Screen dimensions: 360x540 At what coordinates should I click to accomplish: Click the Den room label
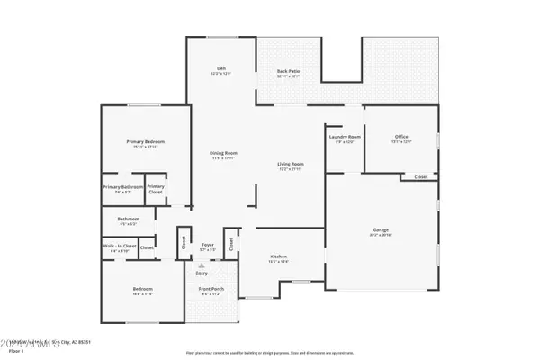point(220,69)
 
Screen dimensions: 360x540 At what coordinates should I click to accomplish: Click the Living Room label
point(290,164)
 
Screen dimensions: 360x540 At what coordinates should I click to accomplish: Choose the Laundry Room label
point(345,137)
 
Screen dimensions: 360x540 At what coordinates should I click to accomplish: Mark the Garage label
point(381,229)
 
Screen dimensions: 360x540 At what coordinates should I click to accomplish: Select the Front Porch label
point(211,288)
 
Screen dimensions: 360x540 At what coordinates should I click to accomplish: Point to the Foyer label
point(207,244)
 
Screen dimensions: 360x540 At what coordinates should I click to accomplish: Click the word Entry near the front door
point(202,272)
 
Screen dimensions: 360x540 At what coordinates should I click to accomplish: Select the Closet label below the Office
point(421,176)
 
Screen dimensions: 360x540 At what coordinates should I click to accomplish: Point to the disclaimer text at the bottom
point(269,352)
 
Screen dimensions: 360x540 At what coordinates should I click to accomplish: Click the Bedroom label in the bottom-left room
point(142,288)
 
